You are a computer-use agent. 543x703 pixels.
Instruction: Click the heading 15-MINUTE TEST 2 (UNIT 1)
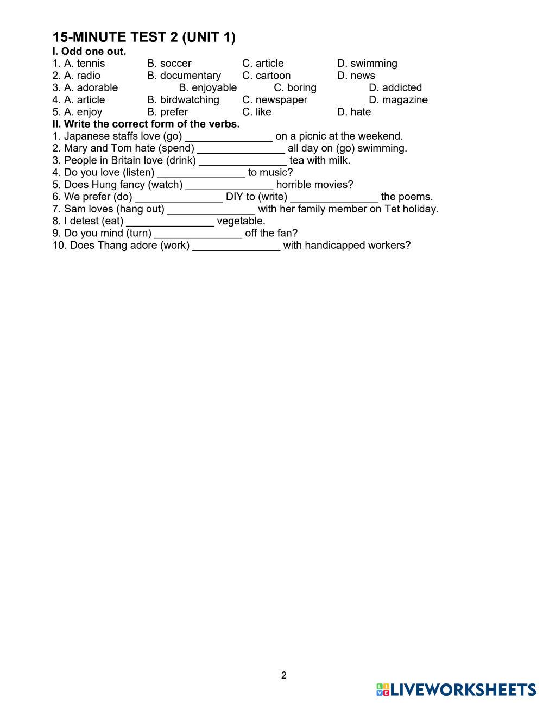(144, 37)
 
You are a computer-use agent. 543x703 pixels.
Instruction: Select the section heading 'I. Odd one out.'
(89, 52)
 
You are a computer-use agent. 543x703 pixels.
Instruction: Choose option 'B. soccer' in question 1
(169, 64)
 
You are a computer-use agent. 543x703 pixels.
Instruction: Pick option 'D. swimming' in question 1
(367, 64)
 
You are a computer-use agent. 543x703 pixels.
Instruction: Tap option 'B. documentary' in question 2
(184, 76)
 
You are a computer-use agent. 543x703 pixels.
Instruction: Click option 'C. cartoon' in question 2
(266, 76)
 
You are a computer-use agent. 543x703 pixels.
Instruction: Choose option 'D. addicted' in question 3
(395, 87)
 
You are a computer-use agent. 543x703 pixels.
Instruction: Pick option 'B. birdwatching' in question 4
(183, 100)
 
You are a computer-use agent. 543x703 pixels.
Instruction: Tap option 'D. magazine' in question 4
(398, 100)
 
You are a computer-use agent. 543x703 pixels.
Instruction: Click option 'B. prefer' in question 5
(167, 112)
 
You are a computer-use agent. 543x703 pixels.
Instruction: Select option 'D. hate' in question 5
(354, 112)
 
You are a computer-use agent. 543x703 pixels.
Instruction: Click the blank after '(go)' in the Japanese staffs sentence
(229, 136)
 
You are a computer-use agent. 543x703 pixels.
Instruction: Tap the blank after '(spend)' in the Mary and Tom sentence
(241, 148)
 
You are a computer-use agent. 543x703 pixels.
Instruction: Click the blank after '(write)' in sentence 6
(334, 197)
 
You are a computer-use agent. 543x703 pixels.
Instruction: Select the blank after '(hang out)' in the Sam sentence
(211, 209)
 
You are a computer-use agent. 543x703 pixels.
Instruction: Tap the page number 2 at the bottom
(284, 676)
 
